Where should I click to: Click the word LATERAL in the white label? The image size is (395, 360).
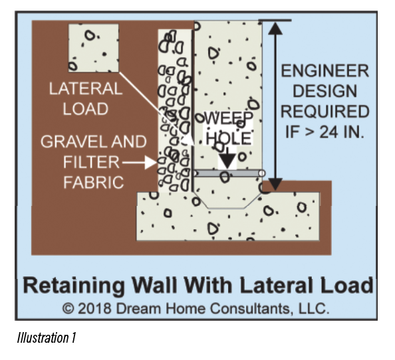point(86,89)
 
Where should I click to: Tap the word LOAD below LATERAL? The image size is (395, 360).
point(86,109)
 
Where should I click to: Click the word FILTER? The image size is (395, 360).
point(91,162)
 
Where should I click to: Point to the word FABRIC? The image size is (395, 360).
point(94,182)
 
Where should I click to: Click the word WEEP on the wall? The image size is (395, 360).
point(229,118)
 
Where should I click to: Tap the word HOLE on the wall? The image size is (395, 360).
point(229,138)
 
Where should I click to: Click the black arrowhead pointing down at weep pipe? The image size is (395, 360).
point(227,161)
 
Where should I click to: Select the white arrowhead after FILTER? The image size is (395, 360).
point(151,163)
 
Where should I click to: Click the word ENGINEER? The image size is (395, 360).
point(325,71)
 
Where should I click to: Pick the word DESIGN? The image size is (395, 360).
point(325,91)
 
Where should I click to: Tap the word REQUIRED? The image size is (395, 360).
point(325,111)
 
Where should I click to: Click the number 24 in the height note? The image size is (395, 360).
point(329,132)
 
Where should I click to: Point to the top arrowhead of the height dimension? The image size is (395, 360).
point(275,28)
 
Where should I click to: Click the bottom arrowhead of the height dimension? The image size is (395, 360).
point(275,185)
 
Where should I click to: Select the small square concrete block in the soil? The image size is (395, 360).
point(94,48)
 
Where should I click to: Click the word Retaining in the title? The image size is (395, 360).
point(74,286)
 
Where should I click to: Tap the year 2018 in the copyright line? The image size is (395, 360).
point(94,308)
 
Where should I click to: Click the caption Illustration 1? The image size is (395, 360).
point(47,337)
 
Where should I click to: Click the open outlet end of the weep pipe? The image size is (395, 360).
point(262,173)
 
